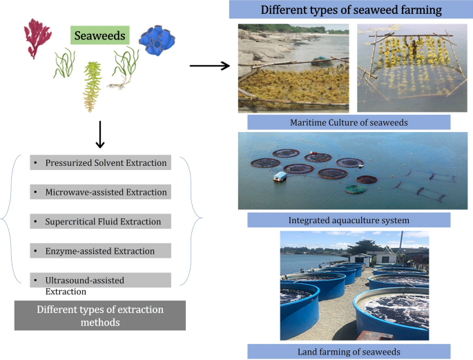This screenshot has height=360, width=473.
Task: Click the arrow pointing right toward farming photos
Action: [209, 66]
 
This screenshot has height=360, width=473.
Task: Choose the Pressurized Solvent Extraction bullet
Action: [101, 163]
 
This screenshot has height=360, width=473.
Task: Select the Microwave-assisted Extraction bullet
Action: [101, 191]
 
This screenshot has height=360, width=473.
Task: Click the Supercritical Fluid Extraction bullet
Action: [101, 222]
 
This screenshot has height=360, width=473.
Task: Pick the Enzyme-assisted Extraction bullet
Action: [101, 251]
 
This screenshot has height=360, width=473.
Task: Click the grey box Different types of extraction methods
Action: [100, 316]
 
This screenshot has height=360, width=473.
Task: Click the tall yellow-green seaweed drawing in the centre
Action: [92, 86]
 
